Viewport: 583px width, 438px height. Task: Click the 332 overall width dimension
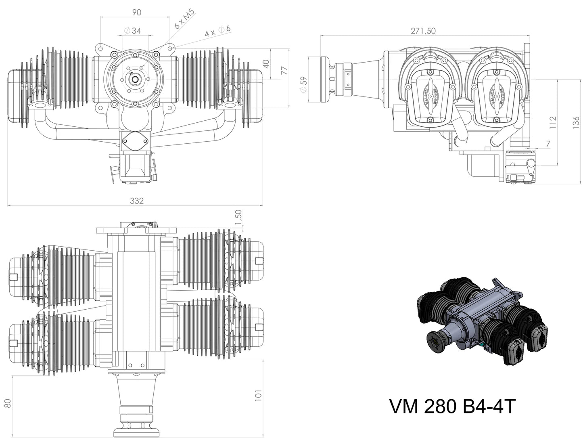pyautogui.click(x=137, y=201)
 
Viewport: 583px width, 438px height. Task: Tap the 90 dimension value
pyautogui.click(x=137, y=13)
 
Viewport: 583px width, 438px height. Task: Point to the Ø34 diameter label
pyautogui.click(x=131, y=31)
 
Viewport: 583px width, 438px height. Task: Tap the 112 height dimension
pyautogui.click(x=553, y=122)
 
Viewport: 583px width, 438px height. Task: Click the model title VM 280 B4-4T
pyautogui.click(x=452, y=407)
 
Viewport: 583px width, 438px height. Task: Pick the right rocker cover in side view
pyautogui.click(x=495, y=95)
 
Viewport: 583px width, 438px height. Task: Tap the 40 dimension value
pyautogui.click(x=265, y=64)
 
